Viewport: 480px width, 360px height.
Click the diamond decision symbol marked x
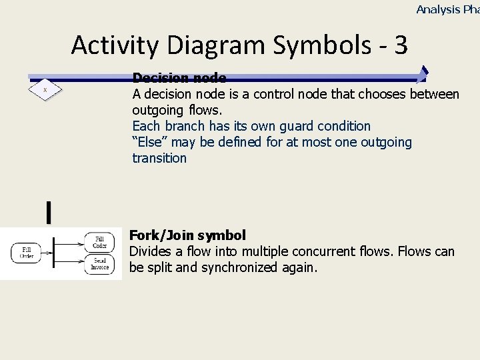click(45, 89)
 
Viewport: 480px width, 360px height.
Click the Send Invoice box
click(99, 264)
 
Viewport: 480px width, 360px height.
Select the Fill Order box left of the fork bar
click(26, 253)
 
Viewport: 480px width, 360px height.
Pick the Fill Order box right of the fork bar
click(99, 241)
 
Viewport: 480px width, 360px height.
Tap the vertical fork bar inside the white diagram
click(53, 253)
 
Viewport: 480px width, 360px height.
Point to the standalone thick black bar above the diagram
click(49, 212)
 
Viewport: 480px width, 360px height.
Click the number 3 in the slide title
click(401, 45)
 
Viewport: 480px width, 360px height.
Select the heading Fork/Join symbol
click(187, 235)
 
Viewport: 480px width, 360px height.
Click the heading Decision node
click(179, 79)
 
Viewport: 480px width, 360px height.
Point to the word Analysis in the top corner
click(438, 9)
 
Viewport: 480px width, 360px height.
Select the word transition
click(159, 158)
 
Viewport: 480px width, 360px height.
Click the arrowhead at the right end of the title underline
click(423, 75)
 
